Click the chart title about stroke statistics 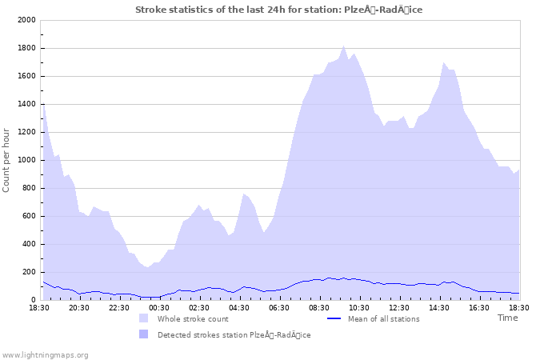[278, 10]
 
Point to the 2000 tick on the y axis [26, 20]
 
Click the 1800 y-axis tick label [26, 48]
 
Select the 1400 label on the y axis [26, 104]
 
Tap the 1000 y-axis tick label [26, 160]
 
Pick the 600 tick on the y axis [28, 216]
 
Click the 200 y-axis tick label [28, 272]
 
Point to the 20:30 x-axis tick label [79, 307]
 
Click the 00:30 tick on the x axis [159, 307]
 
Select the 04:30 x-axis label [239, 307]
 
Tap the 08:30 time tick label [319, 307]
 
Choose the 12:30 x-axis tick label [399, 307]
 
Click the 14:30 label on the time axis [439, 307]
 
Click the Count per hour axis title [7, 160]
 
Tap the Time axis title [507, 318]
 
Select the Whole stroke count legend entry [193, 319]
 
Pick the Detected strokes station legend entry [234, 335]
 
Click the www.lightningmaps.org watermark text [45, 354]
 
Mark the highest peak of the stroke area [344, 46]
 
